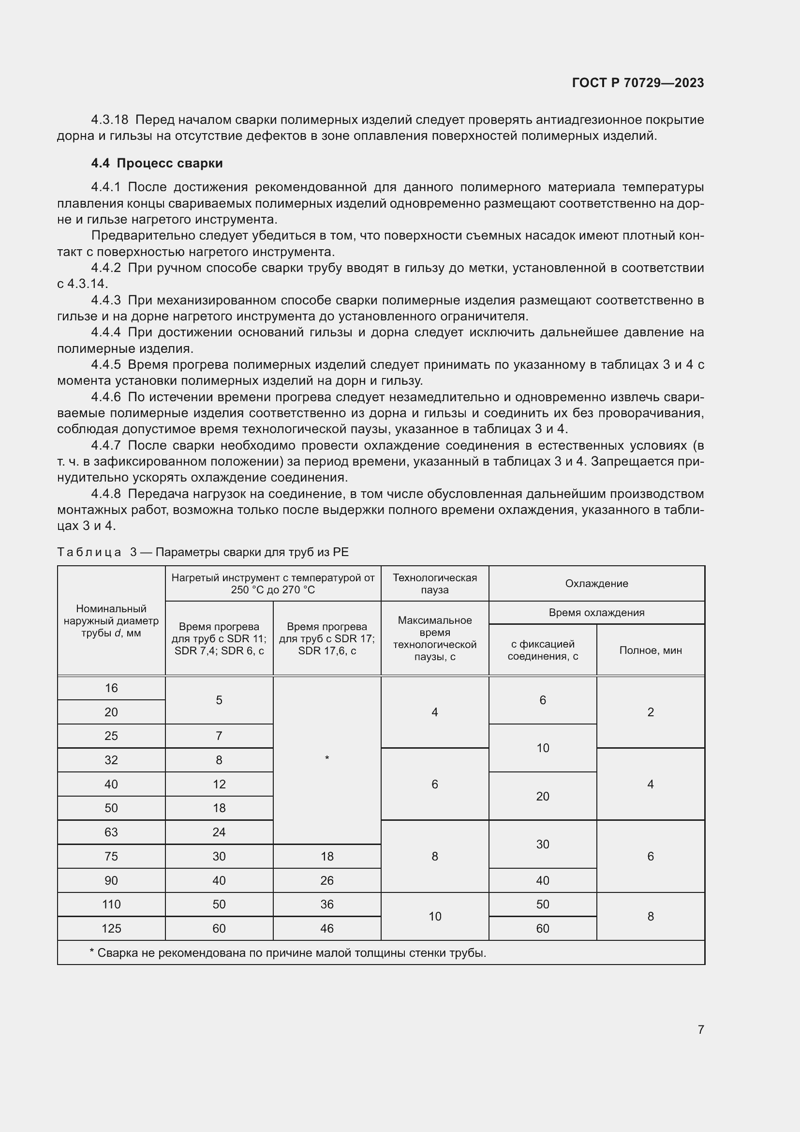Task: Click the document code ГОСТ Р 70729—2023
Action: click(637, 83)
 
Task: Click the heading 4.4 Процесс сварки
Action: click(157, 163)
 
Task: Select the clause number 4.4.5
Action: click(106, 365)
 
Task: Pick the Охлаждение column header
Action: click(596, 583)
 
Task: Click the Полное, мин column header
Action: click(650, 650)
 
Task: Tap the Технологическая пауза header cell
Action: click(434, 584)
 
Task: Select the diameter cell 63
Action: click(111, 832)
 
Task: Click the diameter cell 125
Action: click(111, 928)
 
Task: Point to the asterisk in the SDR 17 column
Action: click(327, 758)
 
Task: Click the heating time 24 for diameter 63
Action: click(219, 832)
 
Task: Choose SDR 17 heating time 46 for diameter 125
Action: click(326, 928)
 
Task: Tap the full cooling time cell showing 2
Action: click(650, 712)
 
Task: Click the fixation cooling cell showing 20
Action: click(542, 796)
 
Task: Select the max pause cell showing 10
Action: click(434, 916)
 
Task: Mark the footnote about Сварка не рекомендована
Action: click(288, 953)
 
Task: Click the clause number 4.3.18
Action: click(109, 120)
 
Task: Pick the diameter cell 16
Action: click(111, 688)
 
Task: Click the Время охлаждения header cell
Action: click(596, 612)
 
